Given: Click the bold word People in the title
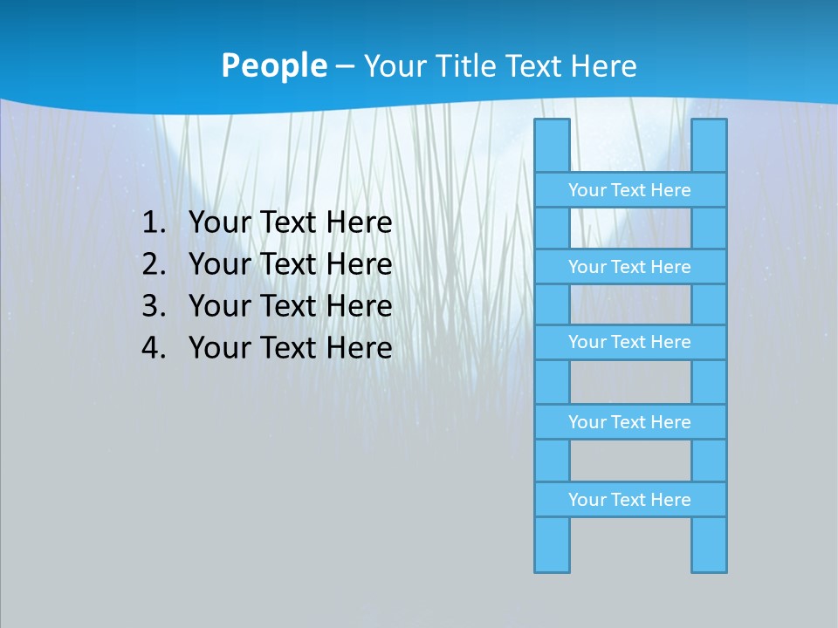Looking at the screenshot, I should pos(273,66).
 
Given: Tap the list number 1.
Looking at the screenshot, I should pos(154,223).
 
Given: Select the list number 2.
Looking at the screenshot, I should pos(154,264).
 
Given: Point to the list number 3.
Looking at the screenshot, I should pos(154,306).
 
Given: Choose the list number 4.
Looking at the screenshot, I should pos(154,348).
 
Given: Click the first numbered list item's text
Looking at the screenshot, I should pos(290,223).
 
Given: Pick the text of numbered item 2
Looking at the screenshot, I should pos(290,264).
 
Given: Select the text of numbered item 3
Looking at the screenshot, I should pos(290,306).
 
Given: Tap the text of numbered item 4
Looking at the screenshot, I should pos(290,348).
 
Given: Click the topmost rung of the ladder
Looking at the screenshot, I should pos(629,190).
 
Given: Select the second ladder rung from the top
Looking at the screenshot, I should pos(629,267).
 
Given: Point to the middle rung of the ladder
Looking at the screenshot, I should pos(629,342).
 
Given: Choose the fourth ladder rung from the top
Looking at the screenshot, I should pos(629,422).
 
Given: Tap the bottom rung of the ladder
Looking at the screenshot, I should pos(629,500).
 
